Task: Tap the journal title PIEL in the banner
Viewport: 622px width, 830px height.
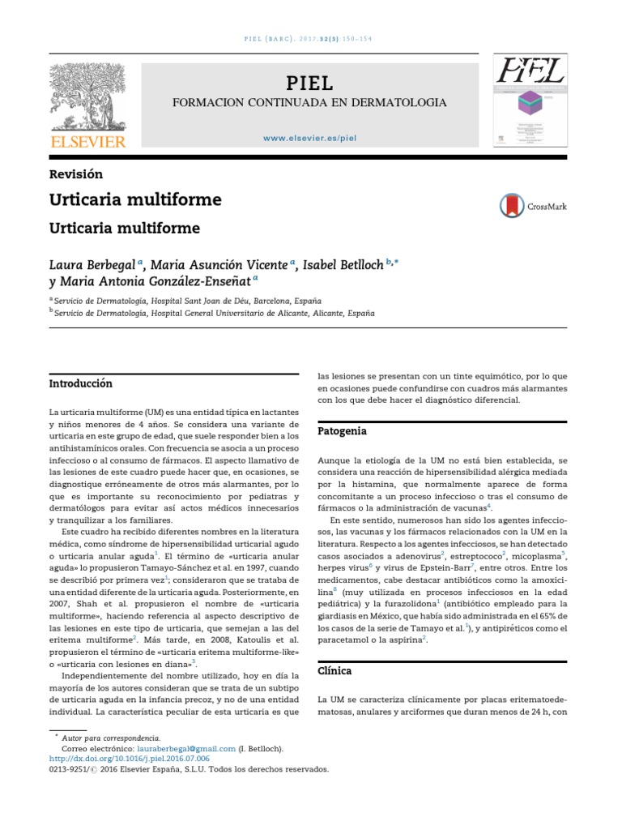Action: pos(309,83)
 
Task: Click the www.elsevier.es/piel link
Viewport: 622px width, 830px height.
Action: pos(309,138)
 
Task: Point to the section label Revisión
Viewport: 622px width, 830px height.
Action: pos(76,173)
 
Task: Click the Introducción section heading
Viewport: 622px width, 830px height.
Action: pos(81,383)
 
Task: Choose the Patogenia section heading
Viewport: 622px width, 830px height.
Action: pos(342,430)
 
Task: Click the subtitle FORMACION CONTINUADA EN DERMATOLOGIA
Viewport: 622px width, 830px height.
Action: pos(309,103)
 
